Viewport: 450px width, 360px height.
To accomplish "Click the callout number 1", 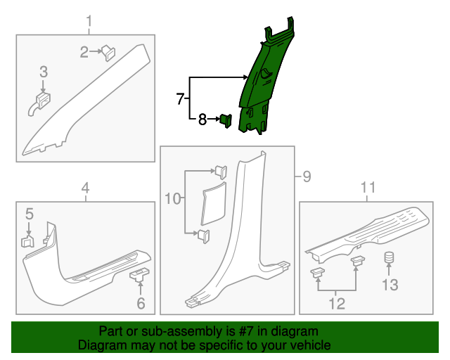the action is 89,22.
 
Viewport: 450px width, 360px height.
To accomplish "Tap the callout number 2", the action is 84,52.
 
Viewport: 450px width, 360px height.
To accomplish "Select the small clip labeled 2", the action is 108,53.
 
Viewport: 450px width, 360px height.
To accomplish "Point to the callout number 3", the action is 44,72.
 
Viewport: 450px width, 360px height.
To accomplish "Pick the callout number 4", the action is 86,188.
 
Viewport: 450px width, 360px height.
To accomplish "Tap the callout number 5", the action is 30,214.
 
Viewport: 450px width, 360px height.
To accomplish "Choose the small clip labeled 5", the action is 28,241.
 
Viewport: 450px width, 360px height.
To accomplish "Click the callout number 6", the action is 141,304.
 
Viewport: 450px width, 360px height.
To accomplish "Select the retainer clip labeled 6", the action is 139,274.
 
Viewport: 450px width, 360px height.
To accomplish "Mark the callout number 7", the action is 180,98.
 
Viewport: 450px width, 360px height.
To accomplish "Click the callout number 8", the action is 202,119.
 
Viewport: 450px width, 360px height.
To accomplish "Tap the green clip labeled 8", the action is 226,120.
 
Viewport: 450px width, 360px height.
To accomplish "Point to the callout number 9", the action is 307,176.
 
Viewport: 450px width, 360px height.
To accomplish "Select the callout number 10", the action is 173,198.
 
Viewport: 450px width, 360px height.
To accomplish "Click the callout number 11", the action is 368,188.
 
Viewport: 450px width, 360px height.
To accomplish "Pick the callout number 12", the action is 337,304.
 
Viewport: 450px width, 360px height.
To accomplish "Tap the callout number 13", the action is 390,285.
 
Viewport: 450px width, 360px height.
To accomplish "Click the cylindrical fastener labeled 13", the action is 389,257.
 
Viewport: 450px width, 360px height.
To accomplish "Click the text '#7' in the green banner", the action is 245,331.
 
